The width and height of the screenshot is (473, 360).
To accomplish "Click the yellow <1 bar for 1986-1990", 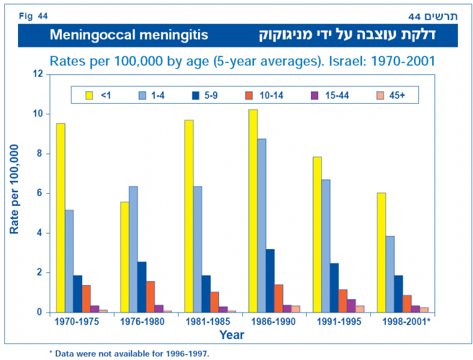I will [253, 211].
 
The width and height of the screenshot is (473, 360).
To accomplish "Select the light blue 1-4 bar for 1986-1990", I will [262, 226].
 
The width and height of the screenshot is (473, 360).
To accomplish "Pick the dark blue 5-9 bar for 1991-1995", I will [334, 287].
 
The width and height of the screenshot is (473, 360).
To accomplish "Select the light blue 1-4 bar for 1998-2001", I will [390, 274].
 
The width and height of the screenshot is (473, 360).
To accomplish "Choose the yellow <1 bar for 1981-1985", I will [189, 216].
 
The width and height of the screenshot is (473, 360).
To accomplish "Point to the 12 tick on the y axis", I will [39, 74].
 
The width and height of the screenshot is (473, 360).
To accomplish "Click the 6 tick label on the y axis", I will [41, 193].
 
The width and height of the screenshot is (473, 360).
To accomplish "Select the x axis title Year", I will [231, 335].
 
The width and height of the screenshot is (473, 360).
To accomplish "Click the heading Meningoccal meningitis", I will [129, 35].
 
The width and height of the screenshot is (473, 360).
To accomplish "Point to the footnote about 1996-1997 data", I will [129, 353].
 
